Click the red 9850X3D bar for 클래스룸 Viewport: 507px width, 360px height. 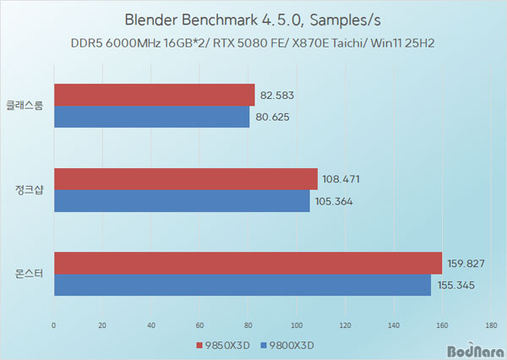point(154,95)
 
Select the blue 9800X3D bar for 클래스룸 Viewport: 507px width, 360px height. point(152,117)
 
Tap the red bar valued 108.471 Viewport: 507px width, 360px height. point(186,179)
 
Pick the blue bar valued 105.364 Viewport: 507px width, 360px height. point(182,201)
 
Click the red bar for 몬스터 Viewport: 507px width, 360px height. point(248,263)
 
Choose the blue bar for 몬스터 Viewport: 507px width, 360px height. point(243,285)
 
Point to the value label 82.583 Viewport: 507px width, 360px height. point(278,95)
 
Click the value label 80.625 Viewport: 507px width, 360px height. point(273,117)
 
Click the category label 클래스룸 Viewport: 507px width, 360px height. point(30,106)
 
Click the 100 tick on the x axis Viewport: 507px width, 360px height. point(297,324)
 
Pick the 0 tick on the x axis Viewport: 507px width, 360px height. point(54,324)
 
